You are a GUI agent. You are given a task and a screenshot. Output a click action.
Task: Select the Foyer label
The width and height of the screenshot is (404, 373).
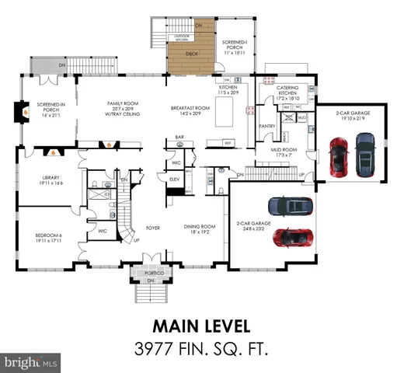pyautogui.click(x=153, y=228)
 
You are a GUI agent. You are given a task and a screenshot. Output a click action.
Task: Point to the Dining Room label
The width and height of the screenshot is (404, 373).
pyautogui.click(x=199, y=228)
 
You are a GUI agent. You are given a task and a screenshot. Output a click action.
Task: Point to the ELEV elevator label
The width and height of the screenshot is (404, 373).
pyautogui.click(x=174, y=179)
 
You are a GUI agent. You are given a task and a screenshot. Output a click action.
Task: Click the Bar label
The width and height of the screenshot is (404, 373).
pyautogui.click(x=179, y=138)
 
